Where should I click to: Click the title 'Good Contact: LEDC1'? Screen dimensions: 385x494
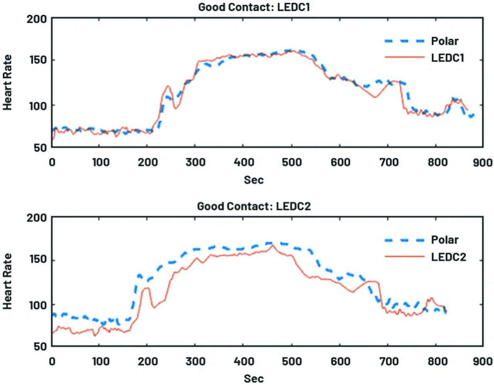point(254,7)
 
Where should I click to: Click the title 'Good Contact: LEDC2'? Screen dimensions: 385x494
point(254,206)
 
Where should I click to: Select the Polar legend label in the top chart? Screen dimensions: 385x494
point(445,41)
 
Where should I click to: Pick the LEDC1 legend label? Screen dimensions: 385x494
point(447,58)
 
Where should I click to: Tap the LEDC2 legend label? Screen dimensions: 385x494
point(448,257)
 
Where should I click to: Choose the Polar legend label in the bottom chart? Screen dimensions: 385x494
point(445,240)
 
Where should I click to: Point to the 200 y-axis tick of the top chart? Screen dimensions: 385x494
point(37,19)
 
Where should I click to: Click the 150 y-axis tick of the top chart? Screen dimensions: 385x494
point(37,60)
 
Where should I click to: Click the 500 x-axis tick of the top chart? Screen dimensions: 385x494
point(292,162)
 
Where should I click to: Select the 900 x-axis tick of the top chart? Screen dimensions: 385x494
point(482,162)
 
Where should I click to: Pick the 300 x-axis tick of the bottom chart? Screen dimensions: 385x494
point(195,361)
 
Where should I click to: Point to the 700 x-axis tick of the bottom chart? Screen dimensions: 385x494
point(389,361)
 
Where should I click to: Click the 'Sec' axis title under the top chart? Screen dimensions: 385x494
point(254,180)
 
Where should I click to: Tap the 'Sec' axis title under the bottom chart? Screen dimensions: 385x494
point(254,378)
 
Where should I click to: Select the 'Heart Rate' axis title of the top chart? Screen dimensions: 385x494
point(8,82)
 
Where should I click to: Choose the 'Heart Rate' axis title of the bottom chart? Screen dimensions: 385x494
point(8,281)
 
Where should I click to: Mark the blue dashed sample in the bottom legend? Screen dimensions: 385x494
point(404,240)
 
